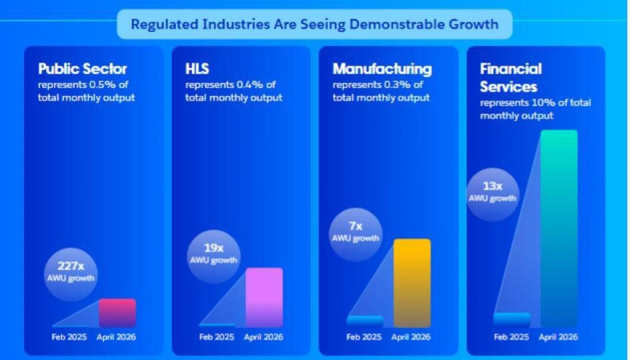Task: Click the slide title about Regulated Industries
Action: point(315,25)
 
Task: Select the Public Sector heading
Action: point(82,69)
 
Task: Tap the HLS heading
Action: point(197,69)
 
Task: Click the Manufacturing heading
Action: point(382,69)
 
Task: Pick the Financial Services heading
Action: point(510,78)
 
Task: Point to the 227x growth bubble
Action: point(71,275)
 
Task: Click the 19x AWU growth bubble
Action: point(214,257)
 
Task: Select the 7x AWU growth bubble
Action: point(356,235)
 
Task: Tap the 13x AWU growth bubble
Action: point(493,195)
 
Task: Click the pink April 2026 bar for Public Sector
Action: point(117,313)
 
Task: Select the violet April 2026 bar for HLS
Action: point(265,298)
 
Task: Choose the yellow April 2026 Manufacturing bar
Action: point(412,283)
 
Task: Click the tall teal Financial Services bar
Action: point(559,229)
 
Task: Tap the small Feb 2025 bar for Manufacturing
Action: point(365,321)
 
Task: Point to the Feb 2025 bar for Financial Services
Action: point(512,319)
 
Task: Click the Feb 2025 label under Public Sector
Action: point(69,337)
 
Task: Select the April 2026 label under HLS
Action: point(263,338)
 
